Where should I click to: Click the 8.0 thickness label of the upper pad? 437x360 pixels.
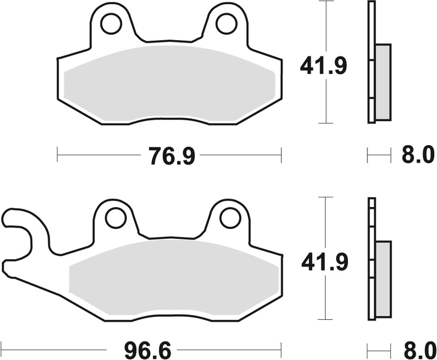click(x=417, y=157)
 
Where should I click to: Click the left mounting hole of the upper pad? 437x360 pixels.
click(x=111, y=24)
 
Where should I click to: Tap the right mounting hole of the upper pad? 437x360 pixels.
click(x=226, y=24)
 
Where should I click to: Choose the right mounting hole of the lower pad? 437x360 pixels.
click(x=228, y=217)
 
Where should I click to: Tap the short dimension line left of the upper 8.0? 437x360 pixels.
click(x=376, y=157)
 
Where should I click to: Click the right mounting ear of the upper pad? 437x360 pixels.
click(x=226, y=27)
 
